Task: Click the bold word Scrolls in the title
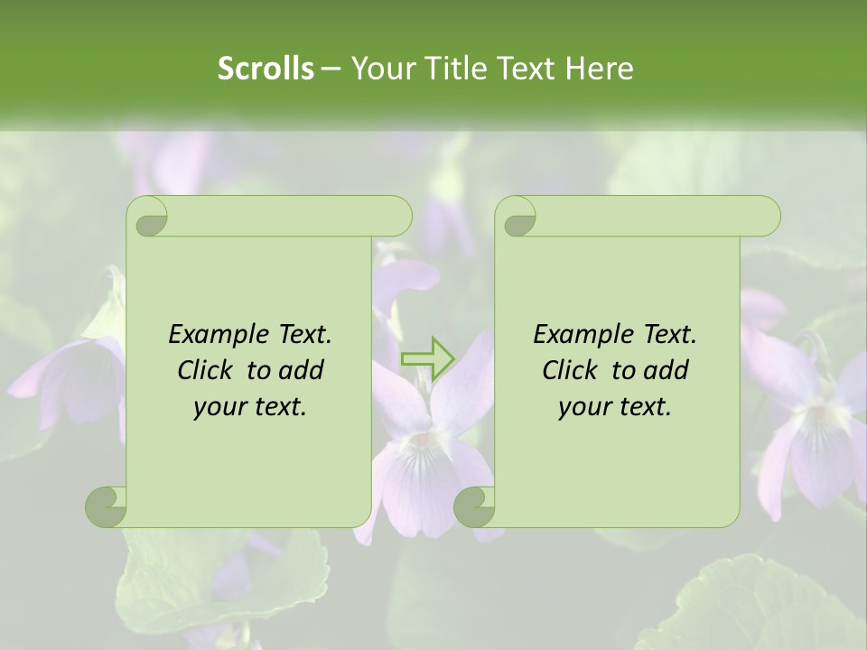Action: pos(266,69)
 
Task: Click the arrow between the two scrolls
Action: pos(428,357)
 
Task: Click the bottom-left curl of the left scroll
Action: pos(106,506)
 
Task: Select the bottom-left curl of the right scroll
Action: pos(474,506)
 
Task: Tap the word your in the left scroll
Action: pos(218,407)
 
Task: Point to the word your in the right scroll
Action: pos(583,407)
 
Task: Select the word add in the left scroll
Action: pos(302,370)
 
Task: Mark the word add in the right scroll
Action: pos(667,370)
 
